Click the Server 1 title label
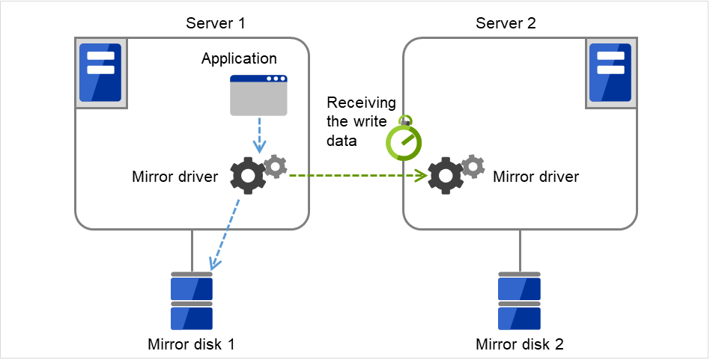(216, 23)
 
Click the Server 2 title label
(506, 23)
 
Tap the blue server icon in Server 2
(609, 73)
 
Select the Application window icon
(258, 96)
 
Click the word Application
(239, 58)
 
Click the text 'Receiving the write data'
(356, 121)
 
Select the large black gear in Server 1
(247, 177)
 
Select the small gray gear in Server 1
(276, 166)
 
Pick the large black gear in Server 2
(446, 177)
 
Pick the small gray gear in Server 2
(473, 166)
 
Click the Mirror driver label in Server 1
(175, 177)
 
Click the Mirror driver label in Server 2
(535, 177)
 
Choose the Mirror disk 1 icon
(192, 301)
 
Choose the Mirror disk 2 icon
(520, 301)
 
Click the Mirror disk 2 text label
(520, 345)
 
